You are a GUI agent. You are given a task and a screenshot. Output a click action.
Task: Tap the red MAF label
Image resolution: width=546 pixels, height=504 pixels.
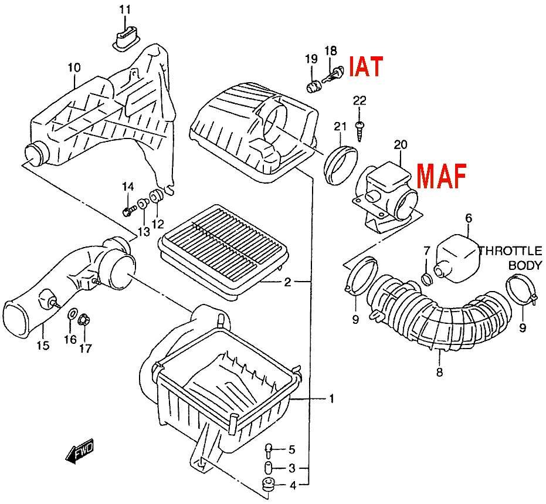(441, 176)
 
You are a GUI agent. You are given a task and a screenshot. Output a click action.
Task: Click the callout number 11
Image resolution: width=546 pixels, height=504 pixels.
(125, 10)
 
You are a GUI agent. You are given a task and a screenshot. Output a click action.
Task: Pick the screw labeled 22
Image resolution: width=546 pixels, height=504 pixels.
(359, 131)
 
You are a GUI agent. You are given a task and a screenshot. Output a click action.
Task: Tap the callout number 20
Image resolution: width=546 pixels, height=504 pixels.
(401, 144)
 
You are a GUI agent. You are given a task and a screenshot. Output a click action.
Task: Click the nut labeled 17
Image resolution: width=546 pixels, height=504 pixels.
(83, 320)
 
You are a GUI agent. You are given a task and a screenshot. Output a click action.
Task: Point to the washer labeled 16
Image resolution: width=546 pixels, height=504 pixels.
(71, 313)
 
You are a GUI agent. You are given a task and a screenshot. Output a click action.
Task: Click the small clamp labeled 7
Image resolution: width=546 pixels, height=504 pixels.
(426, 278)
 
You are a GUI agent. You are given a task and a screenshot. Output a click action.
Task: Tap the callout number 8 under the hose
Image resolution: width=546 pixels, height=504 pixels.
(439, 373)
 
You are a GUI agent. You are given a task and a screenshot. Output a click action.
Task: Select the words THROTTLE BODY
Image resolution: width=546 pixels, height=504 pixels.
(511, 258)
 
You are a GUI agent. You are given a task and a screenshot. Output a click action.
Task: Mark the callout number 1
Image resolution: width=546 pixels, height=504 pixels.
(331, 398)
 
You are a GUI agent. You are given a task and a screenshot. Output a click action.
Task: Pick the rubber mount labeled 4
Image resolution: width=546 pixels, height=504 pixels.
(268, 485)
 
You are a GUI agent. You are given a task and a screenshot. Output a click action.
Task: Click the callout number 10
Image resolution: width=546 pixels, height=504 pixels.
(74, 67)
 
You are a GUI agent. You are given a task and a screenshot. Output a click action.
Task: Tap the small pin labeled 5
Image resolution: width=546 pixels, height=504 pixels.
(269, 451)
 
